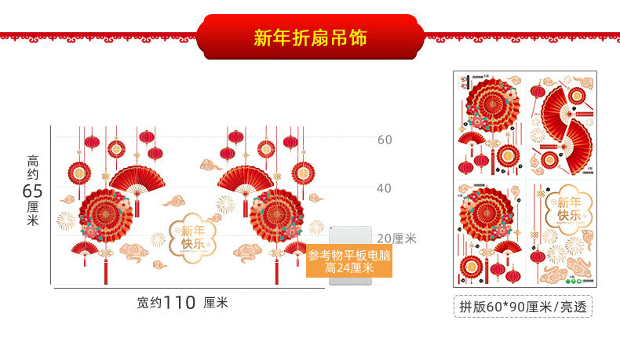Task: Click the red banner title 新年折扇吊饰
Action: coord(309,38)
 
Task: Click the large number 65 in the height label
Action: coord(32,191)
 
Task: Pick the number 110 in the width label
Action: coord(180,303)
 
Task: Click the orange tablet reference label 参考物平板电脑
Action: coord(348,255)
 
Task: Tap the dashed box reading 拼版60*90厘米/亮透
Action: coord(523,305)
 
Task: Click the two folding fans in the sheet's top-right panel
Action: coord(568,125)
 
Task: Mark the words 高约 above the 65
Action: coord(32,167)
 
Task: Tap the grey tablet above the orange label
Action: coord(348,235)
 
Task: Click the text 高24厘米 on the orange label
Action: coord(349,268)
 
